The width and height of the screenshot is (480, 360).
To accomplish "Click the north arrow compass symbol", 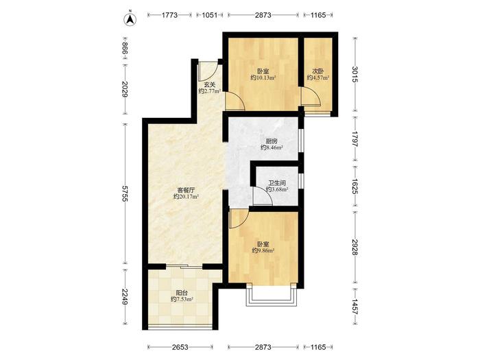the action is point(130,19).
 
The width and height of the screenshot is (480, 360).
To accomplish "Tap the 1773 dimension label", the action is point(169,15).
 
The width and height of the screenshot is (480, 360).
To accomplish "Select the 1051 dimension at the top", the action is point(210,15).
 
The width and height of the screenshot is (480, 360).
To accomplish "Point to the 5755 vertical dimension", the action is point(125,193).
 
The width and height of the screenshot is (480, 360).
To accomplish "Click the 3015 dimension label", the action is point(355,74).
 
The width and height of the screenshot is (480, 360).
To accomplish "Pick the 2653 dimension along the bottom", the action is point(180,347).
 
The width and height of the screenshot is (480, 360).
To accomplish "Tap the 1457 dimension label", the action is point(355,307).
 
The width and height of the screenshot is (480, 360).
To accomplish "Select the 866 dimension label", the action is point(125,49).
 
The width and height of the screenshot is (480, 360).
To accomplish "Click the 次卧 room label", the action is point(317,71).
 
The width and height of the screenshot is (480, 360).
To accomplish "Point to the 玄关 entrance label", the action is point(210,85).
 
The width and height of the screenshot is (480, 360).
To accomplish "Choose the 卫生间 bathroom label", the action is point(277,183).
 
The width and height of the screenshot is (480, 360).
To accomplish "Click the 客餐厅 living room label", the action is point(186,190).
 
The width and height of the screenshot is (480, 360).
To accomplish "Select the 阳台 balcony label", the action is point(182,293).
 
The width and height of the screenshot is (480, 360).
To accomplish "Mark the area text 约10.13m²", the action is point(263,77).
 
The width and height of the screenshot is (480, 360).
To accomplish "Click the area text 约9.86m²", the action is point(263,250).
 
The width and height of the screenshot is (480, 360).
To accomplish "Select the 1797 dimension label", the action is point(355,139).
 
